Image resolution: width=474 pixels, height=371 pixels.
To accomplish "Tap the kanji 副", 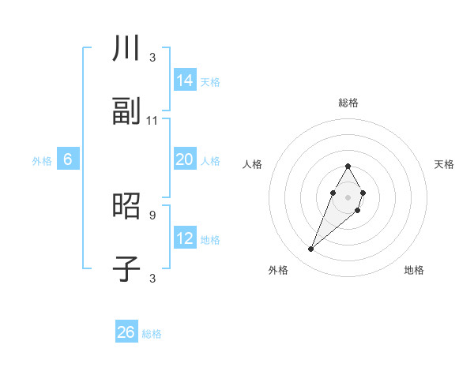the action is coord(126,111).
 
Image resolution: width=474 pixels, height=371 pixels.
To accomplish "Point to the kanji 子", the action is coord(126,269).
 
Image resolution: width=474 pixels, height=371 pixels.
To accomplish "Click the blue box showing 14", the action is coord(185,80).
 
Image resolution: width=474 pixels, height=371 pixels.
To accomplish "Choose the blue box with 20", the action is coord(185,159).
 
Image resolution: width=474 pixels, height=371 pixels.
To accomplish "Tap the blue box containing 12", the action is coord(185,238).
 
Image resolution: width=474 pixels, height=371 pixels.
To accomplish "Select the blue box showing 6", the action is coord(68,159).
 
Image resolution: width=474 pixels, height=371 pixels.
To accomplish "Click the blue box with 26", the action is coord(126,332).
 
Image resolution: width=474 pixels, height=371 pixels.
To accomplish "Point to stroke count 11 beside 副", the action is coord(152,120).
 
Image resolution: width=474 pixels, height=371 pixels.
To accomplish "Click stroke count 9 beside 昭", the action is coord(152,214).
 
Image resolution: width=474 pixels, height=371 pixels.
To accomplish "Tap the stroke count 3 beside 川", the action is coord(152,57).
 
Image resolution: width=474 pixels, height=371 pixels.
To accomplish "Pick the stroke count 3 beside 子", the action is coord(152,278).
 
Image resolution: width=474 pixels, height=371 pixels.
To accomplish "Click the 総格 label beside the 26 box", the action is coord(152,334).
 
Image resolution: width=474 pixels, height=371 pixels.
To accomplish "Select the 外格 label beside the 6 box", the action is coord(42,161).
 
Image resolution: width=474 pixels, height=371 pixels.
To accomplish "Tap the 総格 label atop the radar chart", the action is coord(348,103).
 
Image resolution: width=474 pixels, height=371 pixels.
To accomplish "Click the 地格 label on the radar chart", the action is coord(414,270).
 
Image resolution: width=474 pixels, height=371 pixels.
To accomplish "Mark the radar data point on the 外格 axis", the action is coord(310,249).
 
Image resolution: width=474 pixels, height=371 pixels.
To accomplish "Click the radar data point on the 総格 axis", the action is coord(348,166).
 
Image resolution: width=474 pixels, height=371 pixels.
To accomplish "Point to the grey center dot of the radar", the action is coord(348,196).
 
